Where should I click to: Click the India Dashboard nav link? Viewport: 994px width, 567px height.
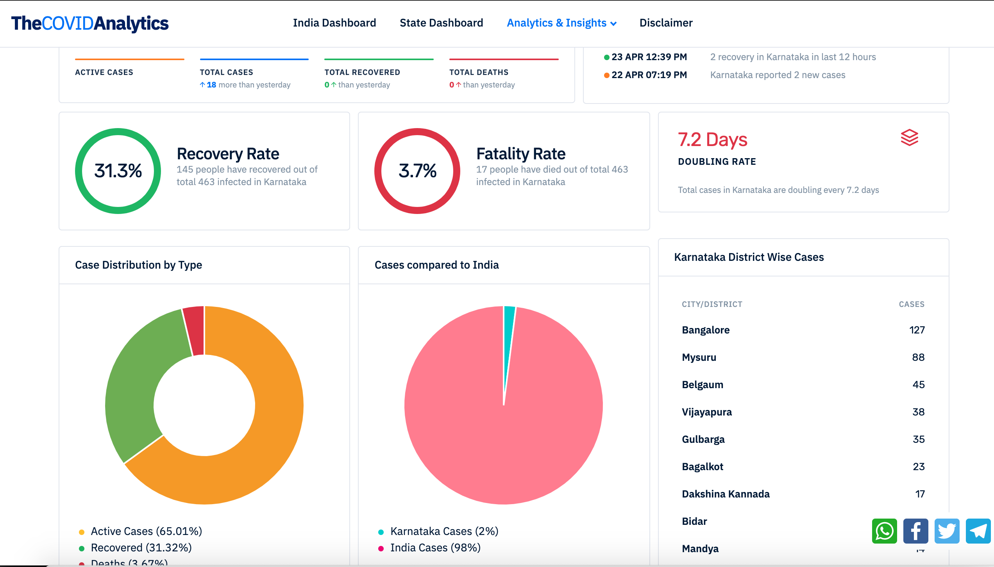coord(334,23)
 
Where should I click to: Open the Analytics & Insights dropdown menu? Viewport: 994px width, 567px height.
coord(561,23)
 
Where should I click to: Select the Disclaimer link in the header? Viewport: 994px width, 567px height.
coord(666,23)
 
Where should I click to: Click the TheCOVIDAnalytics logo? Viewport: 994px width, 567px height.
coord(90,23)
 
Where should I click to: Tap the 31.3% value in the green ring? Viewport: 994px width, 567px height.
coord(118,171)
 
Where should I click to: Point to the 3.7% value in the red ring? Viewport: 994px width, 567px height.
coord(417,171)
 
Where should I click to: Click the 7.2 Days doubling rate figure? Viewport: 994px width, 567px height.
coord(712,139)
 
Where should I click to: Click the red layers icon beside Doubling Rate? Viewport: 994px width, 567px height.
coord(909,137)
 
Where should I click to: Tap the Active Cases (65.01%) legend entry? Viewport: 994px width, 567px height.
coord(146,531)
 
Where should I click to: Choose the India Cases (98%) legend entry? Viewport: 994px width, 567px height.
coord(435,547)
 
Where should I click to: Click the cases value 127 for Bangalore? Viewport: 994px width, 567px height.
coord(917,330)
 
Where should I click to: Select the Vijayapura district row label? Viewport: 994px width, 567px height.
coord(706,412)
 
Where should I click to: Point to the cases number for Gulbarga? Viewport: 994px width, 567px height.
coord(918,439)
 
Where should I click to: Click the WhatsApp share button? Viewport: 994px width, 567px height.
coord(884,531)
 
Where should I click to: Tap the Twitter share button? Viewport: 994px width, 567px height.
coord(947,531)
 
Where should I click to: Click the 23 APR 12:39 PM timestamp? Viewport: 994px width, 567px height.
coord(649,57)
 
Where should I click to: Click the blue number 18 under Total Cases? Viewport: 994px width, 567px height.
coord(211,85)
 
